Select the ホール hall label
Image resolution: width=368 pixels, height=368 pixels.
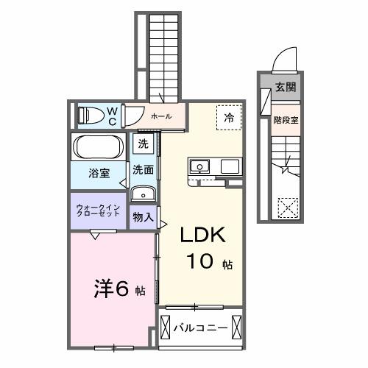point(160,116)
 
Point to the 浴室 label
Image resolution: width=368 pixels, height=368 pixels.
point(100,174)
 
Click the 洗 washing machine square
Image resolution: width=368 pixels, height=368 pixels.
point(142,144)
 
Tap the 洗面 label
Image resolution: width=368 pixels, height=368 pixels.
point(143,169)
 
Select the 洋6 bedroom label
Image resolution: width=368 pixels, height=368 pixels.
point(115,288)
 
